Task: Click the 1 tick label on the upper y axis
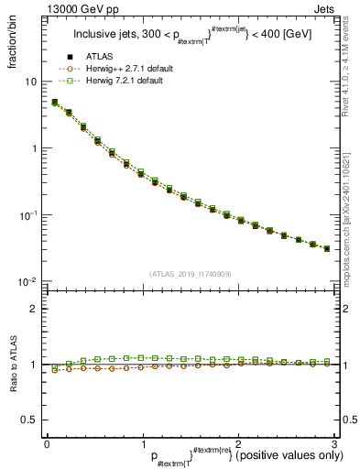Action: [33, 148]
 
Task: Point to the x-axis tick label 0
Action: [46, 444]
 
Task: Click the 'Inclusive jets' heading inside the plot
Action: [105, 36]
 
